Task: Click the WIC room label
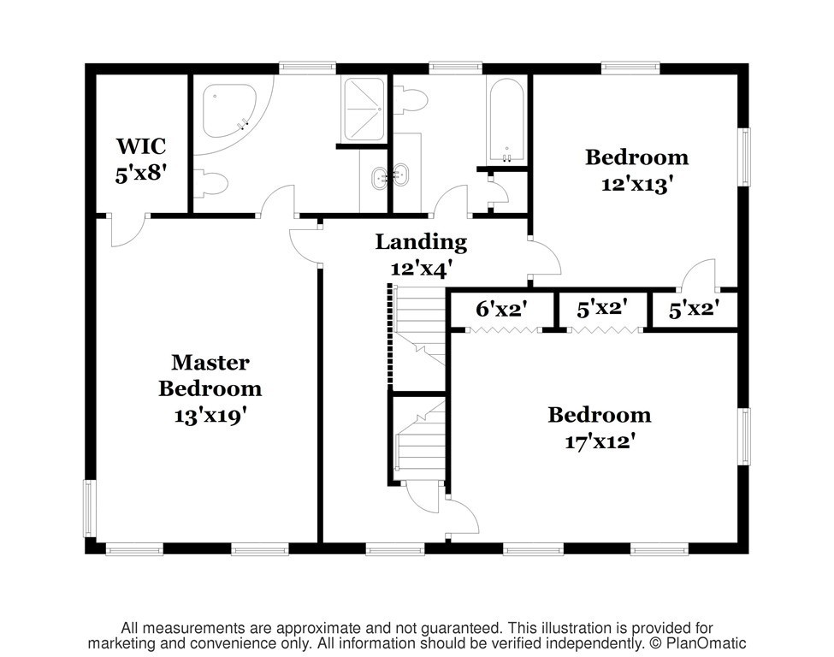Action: coord(141,145)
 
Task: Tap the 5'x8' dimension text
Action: coord(141,174)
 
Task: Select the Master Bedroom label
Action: coord(210,376)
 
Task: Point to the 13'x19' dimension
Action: coord(210,416)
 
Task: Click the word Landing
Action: coord(421,242)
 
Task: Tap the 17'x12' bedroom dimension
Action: coord(600,442)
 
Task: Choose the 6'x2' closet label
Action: coord(501,309)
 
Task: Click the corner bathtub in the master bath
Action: coord(229,111)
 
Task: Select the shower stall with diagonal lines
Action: coord(364,109)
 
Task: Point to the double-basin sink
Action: coord(390,176)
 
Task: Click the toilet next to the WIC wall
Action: coord(210,184)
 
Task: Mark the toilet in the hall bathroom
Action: coord(411,99)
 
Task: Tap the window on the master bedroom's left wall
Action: coord(88,509)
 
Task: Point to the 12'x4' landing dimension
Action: coord(421,269)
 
